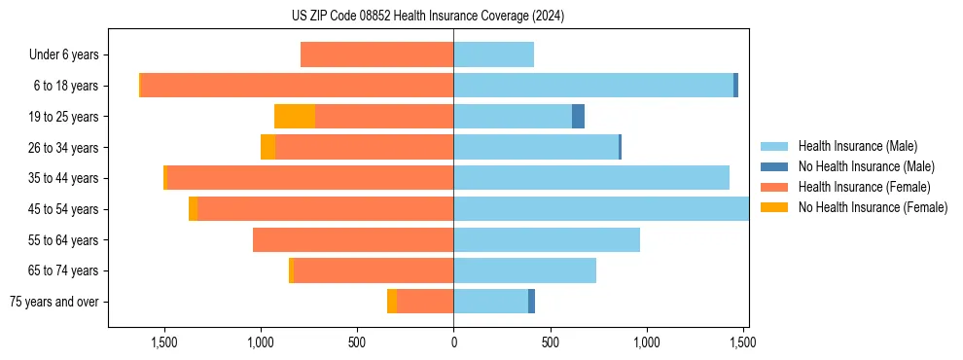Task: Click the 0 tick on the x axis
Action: (453, 342)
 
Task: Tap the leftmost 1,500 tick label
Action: (163, 342)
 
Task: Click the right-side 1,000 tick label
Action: (647, 342)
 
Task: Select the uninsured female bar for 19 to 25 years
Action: (295, 117)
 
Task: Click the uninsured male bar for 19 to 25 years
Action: (578, 117)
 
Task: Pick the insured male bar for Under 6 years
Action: (493, 54)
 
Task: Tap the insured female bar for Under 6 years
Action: (376, 54)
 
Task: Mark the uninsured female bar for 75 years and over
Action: (392, 302)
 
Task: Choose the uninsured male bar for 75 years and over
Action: (531, 302)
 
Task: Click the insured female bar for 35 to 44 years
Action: (310, 178)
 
